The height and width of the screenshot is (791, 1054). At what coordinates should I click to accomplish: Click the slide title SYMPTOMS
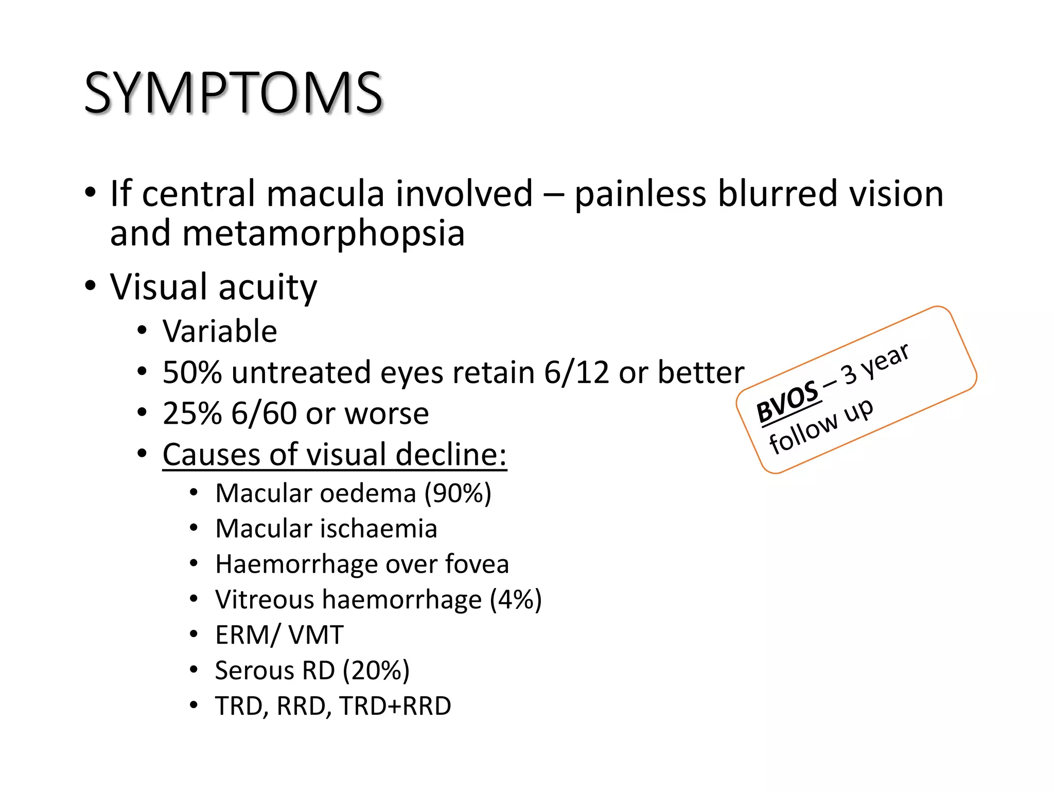click(x=233, y=93)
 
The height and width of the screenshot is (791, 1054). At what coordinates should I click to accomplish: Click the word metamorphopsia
click(x=323, y=233)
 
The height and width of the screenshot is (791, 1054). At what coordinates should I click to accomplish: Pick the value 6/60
click(x=263, y=413)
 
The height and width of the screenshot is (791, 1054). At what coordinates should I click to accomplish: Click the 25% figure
click(x=192, y=413)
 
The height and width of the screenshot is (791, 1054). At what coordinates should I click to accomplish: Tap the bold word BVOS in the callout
click(x=787, y=402)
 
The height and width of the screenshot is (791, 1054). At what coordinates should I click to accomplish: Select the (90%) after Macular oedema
click(x=458, y=493)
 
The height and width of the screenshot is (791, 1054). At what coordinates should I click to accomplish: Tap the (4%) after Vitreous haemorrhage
click(x=516, y=599)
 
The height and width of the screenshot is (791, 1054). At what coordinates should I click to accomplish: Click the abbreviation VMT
click(x=316, y=635)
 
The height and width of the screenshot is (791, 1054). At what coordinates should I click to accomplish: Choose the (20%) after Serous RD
click(x=376, y=670)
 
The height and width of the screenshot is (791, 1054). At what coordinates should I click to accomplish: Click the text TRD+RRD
click(x=395, y=706)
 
